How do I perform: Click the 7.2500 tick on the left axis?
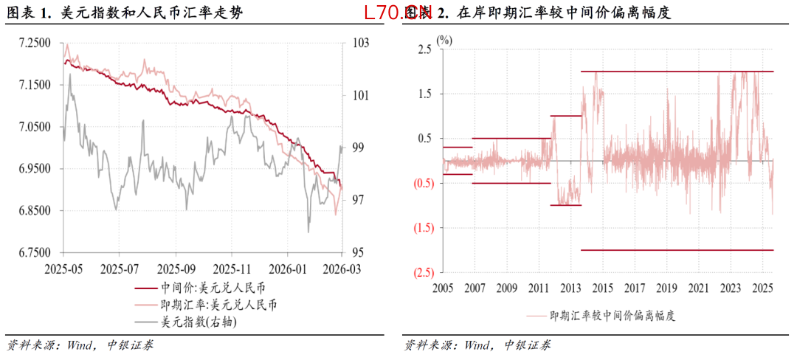click(35, 44)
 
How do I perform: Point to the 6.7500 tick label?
click(35, 253)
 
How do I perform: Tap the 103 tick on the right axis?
click(360, 44)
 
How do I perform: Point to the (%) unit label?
click(444, 41)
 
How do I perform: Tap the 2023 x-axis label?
click(731, 288)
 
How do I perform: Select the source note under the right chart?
click(477, 345)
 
